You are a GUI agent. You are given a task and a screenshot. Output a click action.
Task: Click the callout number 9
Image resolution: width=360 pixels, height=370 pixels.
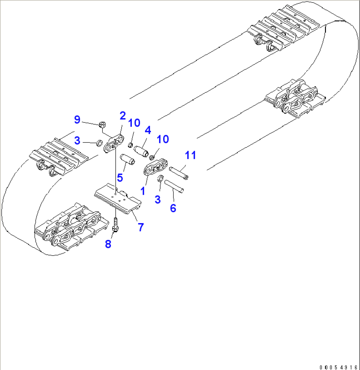tap(77, 119)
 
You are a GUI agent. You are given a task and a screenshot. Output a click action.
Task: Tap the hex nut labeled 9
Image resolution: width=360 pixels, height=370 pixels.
tap(102, 125)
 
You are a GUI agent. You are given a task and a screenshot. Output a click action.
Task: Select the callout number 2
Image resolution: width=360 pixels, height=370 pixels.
tap(123, 116)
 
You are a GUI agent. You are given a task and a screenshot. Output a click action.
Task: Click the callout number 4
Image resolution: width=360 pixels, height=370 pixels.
tap(148, 130)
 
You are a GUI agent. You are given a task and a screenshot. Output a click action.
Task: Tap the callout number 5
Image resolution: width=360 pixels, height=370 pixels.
tap(120, 178)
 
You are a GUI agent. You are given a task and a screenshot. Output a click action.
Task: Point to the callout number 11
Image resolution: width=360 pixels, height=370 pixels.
tap(190, 155)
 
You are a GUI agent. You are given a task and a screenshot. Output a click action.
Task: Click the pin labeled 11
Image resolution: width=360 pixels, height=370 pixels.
tap(179, 173)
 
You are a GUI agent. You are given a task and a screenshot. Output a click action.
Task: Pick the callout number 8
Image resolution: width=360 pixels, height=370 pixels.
tap(108, 244)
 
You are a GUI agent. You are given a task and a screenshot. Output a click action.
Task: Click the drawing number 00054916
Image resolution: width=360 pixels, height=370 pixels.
tap(339, 367)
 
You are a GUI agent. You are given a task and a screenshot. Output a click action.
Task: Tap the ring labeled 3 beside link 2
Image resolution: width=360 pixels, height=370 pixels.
tap(99, 144)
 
